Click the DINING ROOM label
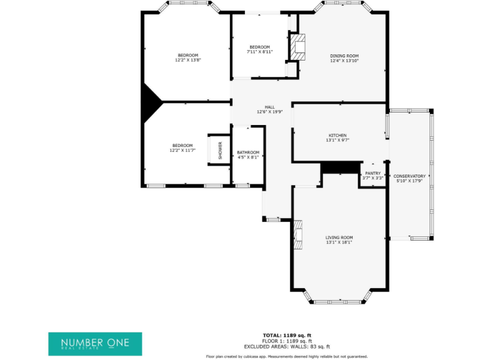pyautogui.click(x=344, y=56)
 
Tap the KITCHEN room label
pyautogui.click(x=337, y=136)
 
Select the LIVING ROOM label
pyautogui.click(x=339, y=237)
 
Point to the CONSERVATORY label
pyautogui.click(x=409, y=176)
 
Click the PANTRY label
pyautogui.click(x=372, y=173)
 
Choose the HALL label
pyautogui.click(x=269, y=107)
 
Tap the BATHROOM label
pyautogui.click(x=248, y=152)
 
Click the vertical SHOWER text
pyautogui.click(x=220, y=150)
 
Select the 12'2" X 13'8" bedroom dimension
pyautogui.click(x=187, y=60)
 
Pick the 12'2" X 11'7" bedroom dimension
pyautogui.click(x=182, y=151)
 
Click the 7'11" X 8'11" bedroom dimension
pyautogui.click(x=259, y=52)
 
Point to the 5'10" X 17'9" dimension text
pyautogui.click(x=409, y=182)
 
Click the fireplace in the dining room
pyautogui.click(x=299, y=47)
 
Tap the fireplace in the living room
pyautogui.click(x=298, y=235)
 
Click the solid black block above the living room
pyautogui.click(x=341, y=168)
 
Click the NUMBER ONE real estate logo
pyautogui.click(x=95, y=344)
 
